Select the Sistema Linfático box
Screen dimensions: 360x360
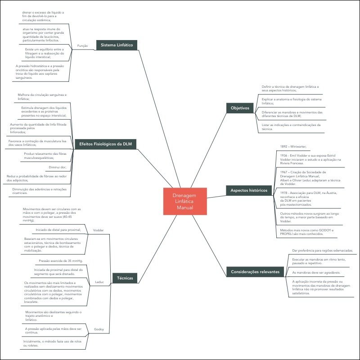pyautogui.click(x=117, y=45)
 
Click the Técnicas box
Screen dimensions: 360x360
pyautogui.click(x=125, y=278)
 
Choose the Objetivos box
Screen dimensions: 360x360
pyautogui.click(x=240, y=108)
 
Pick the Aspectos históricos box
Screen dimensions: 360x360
pyautogui.click(x=249, y=190)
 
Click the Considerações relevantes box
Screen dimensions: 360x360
pyautogui.click(x=255, y=272)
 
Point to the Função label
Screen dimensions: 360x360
pyautogui.click(x=82, y=46)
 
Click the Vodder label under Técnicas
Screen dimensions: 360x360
pyautogui.click(x=98, y=230)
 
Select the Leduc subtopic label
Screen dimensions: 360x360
pyautogui.click(x=99, y=282)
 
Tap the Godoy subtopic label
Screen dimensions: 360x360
pyautogui.click(x=99, y=329)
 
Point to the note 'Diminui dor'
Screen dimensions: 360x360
pyautogui.click(x=57, y=167)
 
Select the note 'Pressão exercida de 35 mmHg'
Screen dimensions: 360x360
pyautogui.click(x=61, y=261)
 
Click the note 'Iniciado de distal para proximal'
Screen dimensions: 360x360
pyautogui.click(x=55, y=229)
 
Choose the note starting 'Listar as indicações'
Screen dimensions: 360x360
pyautogui.click(x=291, y=127)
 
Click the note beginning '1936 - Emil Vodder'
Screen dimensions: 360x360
pyautogui.click(x=310, y=159)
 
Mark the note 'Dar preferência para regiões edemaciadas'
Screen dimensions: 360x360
pyautogui.click(x=322, y=250)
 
